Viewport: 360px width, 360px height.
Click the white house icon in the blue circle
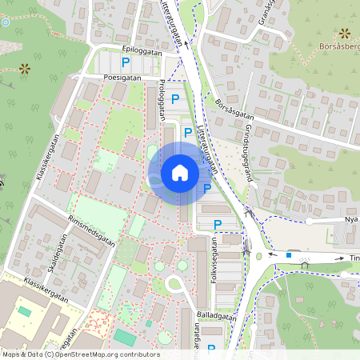point(180,172)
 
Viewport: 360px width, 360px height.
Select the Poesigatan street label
point(122,78)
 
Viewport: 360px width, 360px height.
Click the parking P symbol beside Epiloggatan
point(125,62)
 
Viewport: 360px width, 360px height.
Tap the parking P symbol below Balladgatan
point(211,348)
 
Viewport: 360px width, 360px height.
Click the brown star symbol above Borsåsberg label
point(345,33)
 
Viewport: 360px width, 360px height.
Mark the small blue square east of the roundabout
point(289,255)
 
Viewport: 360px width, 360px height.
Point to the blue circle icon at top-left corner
point(6,22)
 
